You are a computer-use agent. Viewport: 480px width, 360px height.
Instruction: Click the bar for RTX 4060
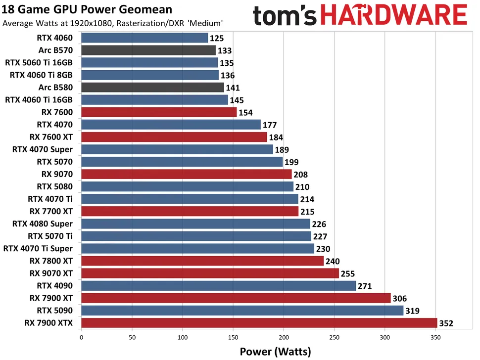pyautogui.click(x=144, y=38)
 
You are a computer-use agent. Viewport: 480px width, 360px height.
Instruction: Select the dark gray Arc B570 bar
pyautogui.click(x=148, y=50)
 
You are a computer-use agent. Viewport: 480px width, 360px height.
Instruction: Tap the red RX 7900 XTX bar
pyautogui.click(x=259, y=323)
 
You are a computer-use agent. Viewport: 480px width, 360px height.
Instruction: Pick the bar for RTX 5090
pyautogui.click(x=242, y=311)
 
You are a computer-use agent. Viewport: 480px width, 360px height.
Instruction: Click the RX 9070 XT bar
pyautogui.click(x=210, y=273)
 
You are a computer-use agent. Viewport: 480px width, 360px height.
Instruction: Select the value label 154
pyautogui.click(x=245, y=113)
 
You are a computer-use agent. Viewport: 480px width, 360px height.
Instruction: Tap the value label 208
pyautogui.click(x=300, y=175)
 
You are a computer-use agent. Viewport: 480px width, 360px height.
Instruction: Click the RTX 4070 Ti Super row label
pyautogui.click(x=38, y=249)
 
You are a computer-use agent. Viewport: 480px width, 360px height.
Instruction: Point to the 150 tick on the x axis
pyautogui.click(x=233, y=338)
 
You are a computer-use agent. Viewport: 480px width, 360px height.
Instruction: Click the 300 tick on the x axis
pyautogui.click(x=385, y=338)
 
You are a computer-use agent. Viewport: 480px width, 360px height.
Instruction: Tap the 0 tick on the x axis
pyautogui.click(x=81, y=338)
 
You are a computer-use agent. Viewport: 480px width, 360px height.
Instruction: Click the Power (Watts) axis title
pyautogui.click(x=275, y=352)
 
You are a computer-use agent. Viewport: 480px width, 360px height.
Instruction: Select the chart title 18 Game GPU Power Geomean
pyautogui.click(x=88, y=9)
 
